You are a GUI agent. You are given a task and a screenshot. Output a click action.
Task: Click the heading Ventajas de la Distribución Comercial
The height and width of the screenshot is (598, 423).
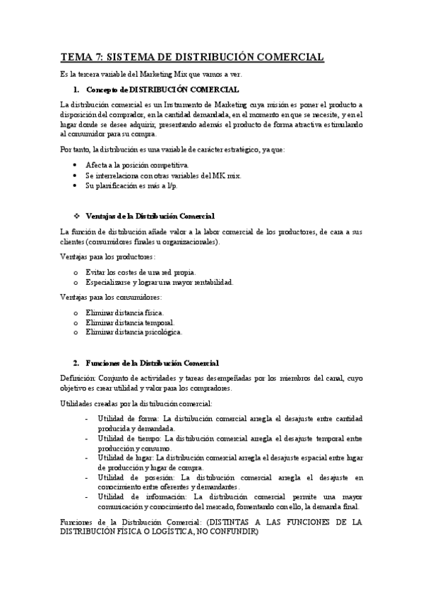(x=149, y=216)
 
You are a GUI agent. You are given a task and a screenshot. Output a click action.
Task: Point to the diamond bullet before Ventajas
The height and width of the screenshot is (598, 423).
(x=76, y=216)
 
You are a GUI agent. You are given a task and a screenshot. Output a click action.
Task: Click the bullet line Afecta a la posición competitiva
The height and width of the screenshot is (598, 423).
(x=137, y=164)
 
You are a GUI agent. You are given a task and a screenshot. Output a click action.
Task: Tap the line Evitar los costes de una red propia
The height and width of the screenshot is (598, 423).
(x=141, y=272)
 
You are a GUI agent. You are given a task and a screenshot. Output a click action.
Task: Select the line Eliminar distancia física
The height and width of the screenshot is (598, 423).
(x=124, y=312)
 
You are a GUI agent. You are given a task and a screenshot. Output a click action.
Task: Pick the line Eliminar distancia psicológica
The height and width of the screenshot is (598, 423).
(x=133, y=331)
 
